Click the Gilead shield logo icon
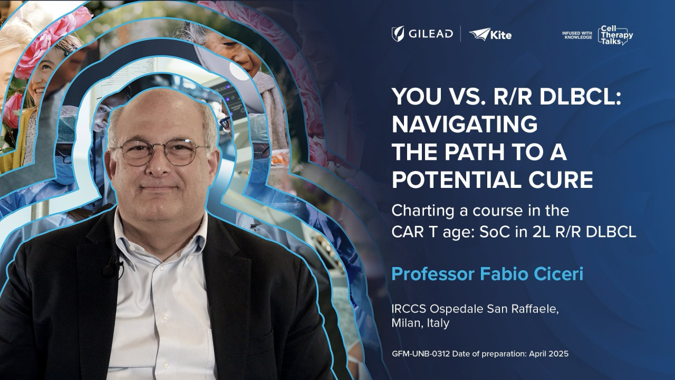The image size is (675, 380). coord(398,34)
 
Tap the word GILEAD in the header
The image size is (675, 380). coord(431,33)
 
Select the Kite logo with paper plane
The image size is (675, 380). coord(490,34)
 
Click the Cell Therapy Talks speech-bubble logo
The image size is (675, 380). coord(615,35)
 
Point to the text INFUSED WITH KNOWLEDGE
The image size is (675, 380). coord(577,35)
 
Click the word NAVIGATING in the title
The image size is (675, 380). coord(465,124)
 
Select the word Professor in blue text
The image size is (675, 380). coord(433,274)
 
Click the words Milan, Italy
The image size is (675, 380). coord(420,323)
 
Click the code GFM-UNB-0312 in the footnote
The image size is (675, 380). coord(421,354)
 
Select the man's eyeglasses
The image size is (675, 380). coord(161,152)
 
